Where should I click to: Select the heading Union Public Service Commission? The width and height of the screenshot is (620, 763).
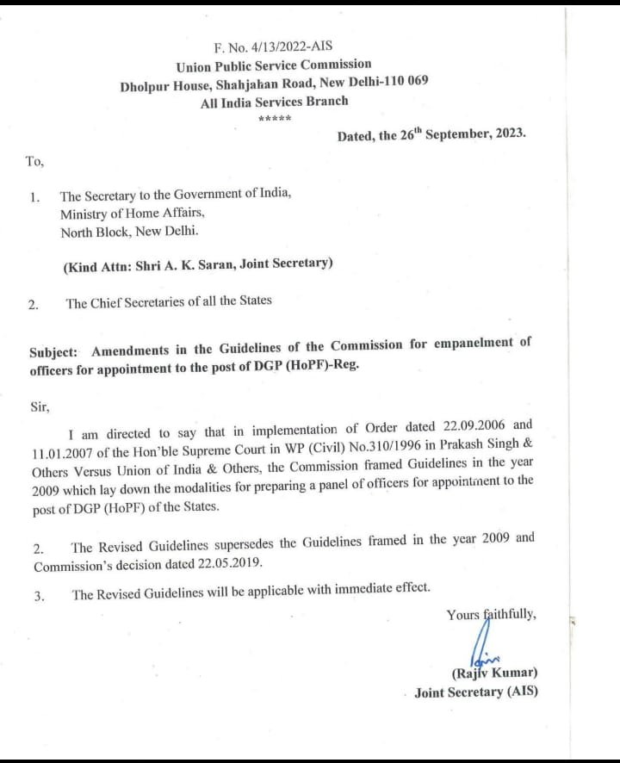click(274, 65)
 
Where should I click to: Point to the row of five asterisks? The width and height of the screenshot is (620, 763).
click(274, 119)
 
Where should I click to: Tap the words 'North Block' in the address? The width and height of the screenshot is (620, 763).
click(92, 232)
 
